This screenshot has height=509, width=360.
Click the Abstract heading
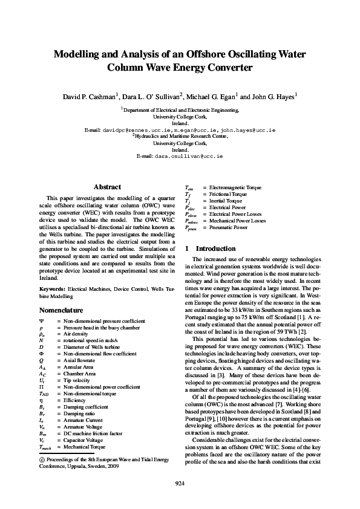click(x=107, y=187)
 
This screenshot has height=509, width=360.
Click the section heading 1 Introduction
click(x=210, y=248)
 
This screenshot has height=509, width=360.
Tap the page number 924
click(x=180, y=482)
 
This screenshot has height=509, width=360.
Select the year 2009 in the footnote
click(x=113, y=467)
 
